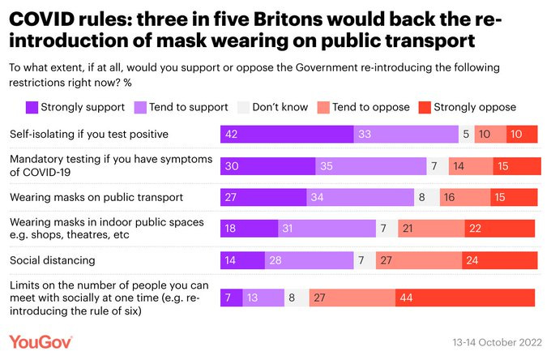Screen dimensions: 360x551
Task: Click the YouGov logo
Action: point(41,342)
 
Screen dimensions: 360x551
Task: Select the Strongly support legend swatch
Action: point(33,106)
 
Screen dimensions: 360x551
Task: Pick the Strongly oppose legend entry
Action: point(467,106)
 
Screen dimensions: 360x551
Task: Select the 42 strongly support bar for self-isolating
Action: point(287,134)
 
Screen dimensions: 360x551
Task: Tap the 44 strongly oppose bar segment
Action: point(465,298)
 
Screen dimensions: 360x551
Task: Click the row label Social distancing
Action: point(51,260)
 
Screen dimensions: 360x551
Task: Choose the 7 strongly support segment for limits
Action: point(232,298)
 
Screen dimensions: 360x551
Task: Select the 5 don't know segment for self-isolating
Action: point(466,134)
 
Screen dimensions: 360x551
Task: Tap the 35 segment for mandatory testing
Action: point(370,165)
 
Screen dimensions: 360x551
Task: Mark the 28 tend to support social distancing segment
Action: point(309,260)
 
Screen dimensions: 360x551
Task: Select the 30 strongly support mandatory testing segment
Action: point(267,165)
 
